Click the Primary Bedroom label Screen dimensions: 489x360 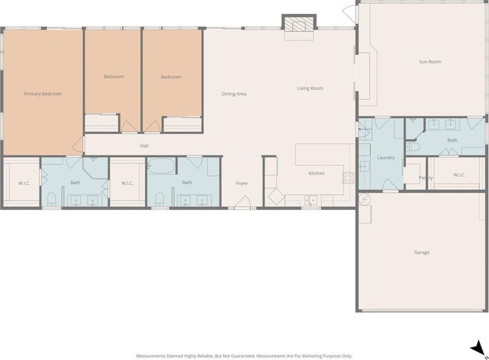[43, 94]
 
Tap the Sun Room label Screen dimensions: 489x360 [430, 62]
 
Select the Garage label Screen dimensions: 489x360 [421, 252]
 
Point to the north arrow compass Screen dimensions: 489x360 [478, 348]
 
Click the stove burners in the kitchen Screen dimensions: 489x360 [348, 178]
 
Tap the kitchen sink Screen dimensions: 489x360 [311, 200]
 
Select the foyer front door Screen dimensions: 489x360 [243, 202]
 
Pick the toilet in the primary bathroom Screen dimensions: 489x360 [51, 199]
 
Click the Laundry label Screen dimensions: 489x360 [386, 158]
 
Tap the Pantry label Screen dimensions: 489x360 [426, 178]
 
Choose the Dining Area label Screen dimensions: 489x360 [234, 94]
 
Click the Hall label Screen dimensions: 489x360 [144, 146]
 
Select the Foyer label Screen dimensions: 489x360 [242, 183]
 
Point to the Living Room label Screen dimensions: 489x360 [310, 89]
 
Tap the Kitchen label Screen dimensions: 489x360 [317, 173]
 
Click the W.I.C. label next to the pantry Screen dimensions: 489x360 [459, 175]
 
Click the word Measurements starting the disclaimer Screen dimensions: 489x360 [151, 356]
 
